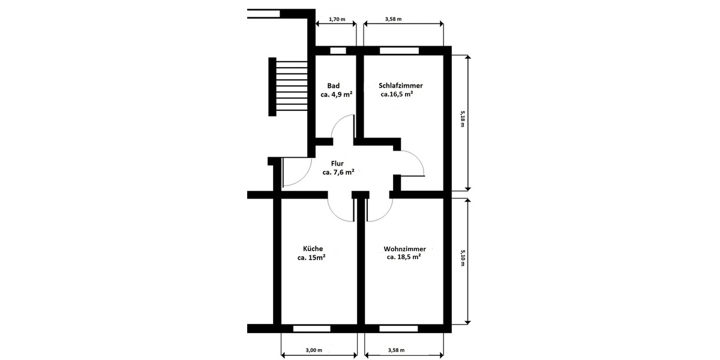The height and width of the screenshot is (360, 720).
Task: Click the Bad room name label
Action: click(334, 86)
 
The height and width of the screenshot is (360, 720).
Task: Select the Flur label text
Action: click(337, 163)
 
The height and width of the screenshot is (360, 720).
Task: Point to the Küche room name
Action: click(313, 248)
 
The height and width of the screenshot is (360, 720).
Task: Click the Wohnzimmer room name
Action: click(404, 248)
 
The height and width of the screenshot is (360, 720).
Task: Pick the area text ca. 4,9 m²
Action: click(336, 95)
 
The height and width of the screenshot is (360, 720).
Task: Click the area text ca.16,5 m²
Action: click(397, 95)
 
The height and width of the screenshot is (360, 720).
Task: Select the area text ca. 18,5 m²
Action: click(404, 257)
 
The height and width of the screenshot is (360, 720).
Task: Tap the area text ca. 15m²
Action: click(311, 257)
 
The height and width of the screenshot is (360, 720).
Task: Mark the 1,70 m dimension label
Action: click(337, 19)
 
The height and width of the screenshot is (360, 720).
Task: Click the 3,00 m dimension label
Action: click(314, 350)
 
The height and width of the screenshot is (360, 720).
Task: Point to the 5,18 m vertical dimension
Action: click(463, 120)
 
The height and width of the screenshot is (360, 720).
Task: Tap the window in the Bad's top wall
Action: click(338, 50)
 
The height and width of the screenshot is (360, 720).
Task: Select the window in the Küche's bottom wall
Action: click(311, 328)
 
